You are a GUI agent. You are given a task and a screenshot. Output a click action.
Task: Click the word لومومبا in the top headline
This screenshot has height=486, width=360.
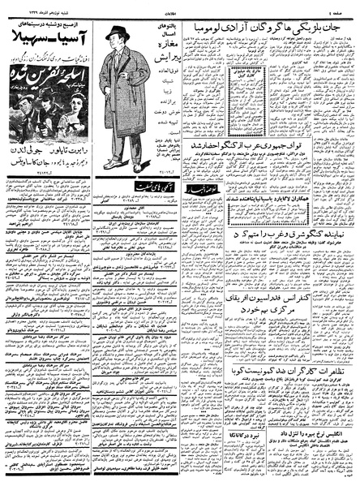tap(204, 30)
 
